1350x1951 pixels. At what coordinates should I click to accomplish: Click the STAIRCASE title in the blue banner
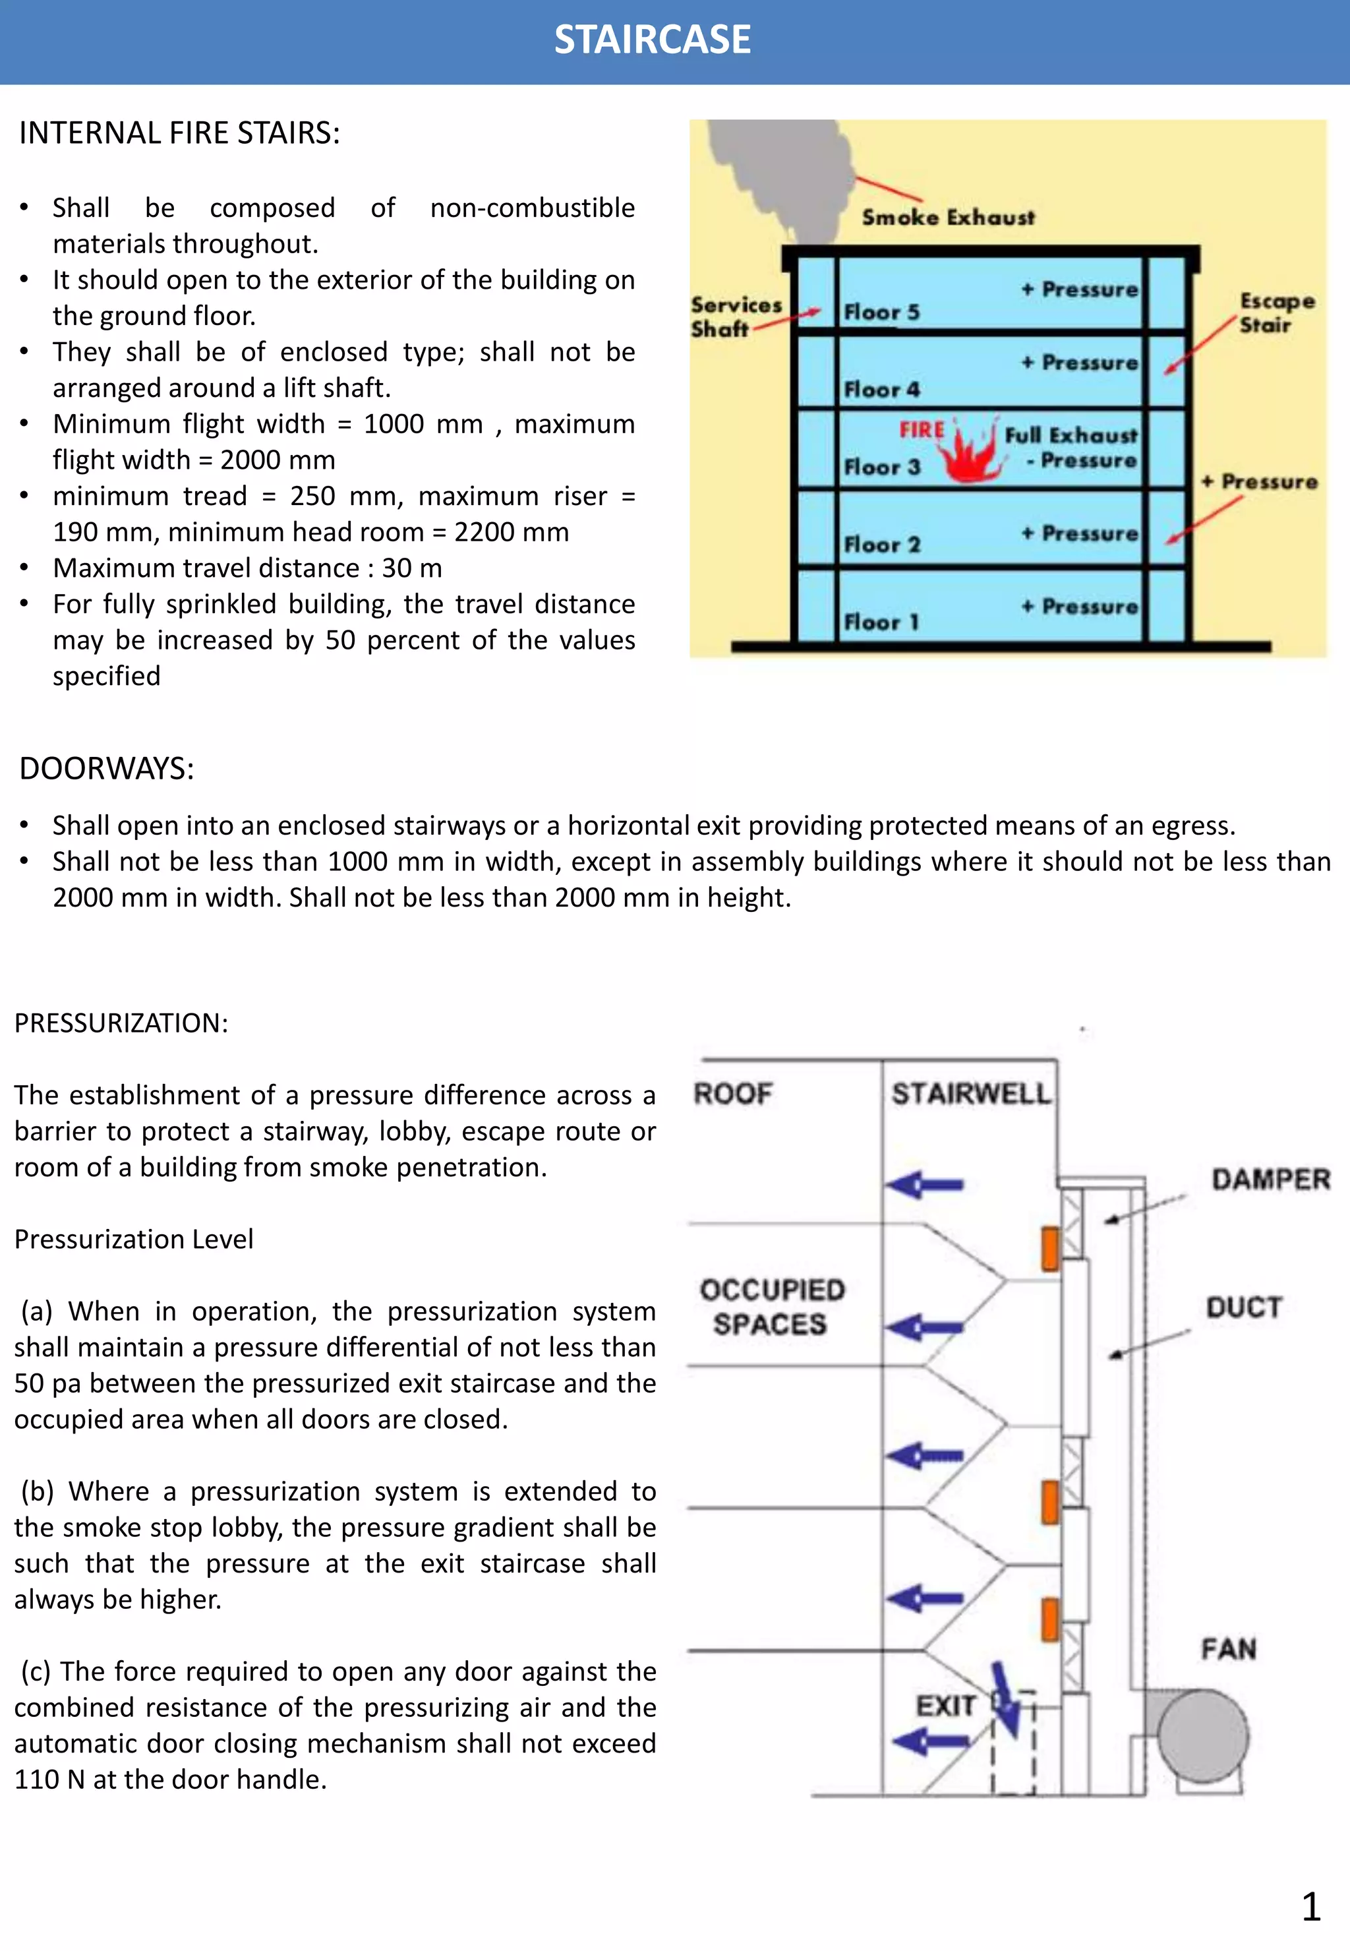[652, 40]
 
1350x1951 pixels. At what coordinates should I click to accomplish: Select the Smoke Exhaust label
[947, 218]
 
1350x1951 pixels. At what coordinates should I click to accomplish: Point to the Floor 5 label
[881, 312]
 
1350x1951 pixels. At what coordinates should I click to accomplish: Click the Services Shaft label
[734, 316]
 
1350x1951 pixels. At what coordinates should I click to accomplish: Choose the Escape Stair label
[1276, 313]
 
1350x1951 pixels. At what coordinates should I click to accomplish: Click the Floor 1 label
[881, 622]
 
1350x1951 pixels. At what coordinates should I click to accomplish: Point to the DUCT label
[1243, 1307]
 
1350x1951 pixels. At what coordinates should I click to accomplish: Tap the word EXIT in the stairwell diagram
[945, 1705]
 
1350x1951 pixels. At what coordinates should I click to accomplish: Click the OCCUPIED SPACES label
[771, 1306]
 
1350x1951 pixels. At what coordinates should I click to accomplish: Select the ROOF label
[732, 1093]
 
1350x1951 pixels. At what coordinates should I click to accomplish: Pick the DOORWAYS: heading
[107, 768]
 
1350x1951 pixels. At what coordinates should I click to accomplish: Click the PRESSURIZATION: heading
[121, 1023]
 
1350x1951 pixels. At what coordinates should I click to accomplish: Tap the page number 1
[1310, 1907]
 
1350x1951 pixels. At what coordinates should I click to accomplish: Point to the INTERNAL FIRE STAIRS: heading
[179, 133]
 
